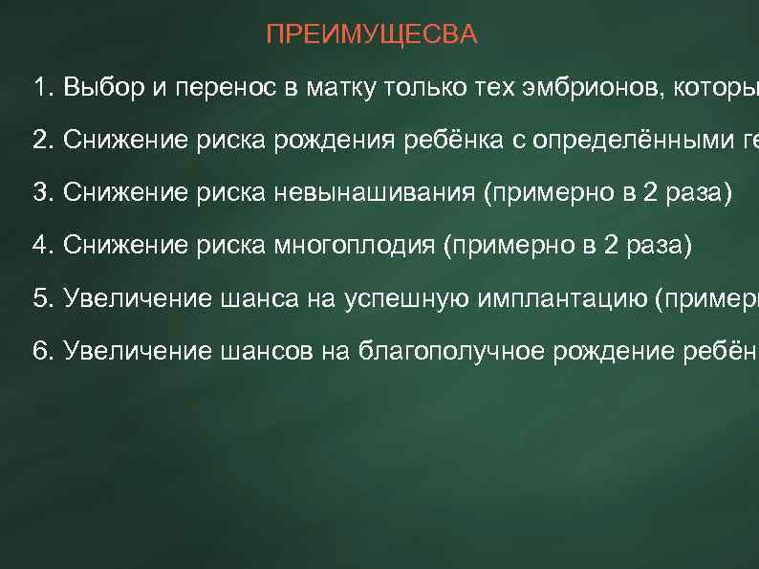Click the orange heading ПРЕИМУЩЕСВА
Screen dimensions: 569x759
click(372, 36)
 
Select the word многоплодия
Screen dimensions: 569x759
click(358, 245)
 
